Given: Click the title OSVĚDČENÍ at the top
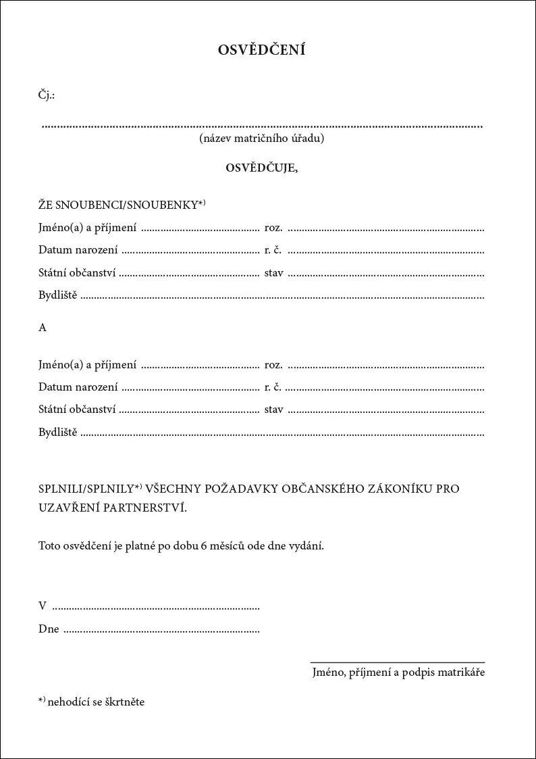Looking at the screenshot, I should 262,50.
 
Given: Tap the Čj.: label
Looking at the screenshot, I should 47,95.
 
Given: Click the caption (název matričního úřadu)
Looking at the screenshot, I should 262,139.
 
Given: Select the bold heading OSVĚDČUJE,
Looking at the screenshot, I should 262,168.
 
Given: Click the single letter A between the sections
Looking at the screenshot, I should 43,327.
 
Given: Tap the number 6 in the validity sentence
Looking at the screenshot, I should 204,546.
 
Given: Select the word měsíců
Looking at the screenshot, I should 227,546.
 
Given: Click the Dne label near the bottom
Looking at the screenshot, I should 49,629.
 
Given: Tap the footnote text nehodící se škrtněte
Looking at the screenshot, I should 97,702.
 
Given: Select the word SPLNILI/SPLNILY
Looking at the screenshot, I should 86,488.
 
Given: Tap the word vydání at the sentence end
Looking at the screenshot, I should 307,546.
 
